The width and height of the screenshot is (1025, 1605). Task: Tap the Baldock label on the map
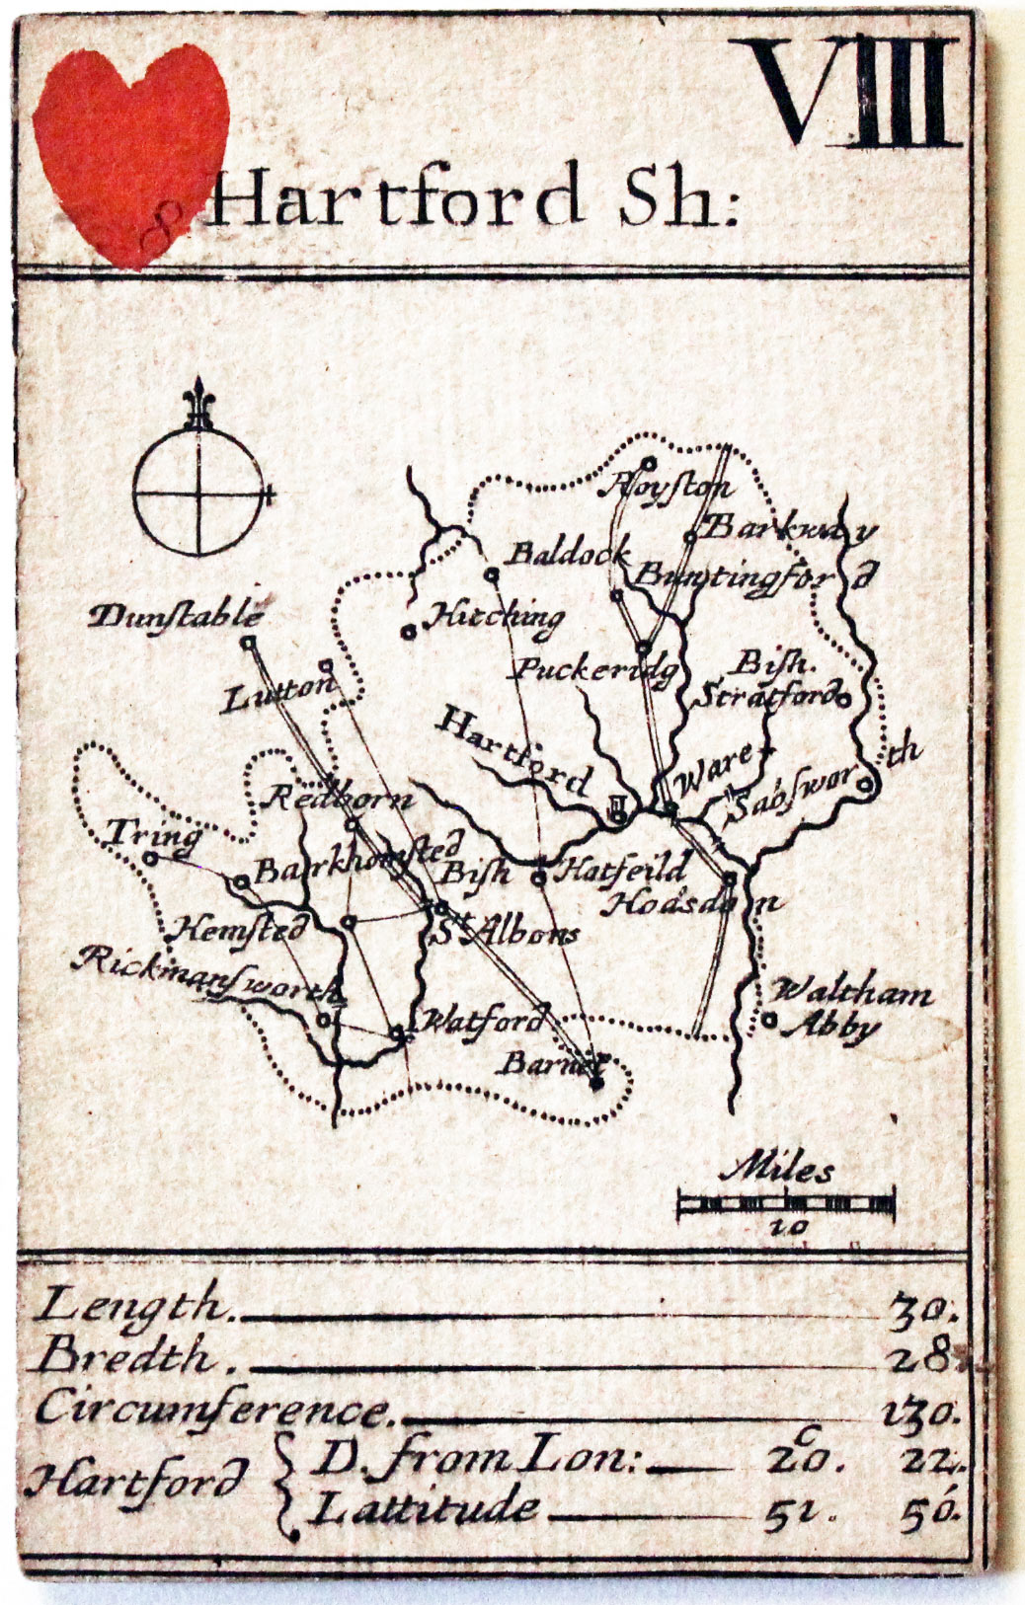click(567, 554)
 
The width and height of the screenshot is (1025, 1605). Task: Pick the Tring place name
click(152, 835)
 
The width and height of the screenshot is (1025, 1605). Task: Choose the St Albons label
click(506, 932)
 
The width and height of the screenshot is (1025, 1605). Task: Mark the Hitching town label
click(495, 618)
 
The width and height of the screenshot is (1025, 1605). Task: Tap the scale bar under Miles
click(786, 1203)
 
